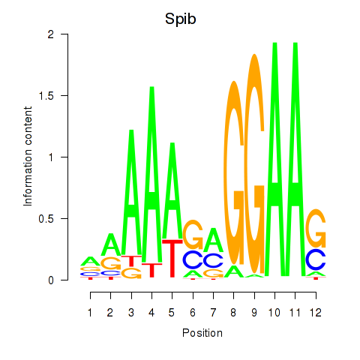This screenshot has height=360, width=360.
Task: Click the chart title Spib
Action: coord(180,19)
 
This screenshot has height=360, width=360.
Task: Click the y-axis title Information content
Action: coord(28,156)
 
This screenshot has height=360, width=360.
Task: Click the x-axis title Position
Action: coord(202,333)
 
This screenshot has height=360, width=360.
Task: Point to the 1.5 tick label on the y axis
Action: coord(46,96)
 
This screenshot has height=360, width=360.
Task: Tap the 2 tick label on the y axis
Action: coord(51,34)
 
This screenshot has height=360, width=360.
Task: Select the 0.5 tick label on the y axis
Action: coord(46,219)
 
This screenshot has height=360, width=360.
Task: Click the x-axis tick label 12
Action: coord(316,313)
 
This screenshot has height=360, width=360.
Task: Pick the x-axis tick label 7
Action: coord(213,313)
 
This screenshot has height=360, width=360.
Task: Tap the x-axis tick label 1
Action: coord(90,313)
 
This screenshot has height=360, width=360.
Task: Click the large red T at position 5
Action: coord(172,258)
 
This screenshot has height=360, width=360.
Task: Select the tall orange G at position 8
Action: coord(234,172)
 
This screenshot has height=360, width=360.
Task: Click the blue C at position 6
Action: coord(193,259)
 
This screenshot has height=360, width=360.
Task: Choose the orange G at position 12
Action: coord(316,228)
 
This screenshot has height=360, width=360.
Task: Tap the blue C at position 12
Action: coord(316,259)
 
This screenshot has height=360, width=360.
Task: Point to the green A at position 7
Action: coord(213,240)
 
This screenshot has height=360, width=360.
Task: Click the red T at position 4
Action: coord(151,270)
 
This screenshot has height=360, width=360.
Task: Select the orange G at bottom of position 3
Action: coord(131,273)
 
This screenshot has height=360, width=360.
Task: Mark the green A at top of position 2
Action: coord(111,244)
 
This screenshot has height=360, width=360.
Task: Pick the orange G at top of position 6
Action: coord(193,235)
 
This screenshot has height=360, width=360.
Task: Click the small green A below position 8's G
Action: coord(234,271)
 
